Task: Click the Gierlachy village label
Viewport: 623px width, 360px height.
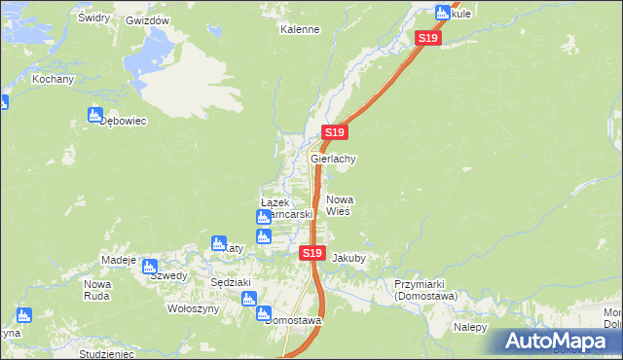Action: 334,159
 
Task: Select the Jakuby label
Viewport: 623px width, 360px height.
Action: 348,259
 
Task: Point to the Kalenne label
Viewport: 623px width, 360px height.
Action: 300,29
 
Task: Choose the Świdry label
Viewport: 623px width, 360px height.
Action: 93,18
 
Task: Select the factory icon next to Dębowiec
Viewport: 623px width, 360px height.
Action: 94,116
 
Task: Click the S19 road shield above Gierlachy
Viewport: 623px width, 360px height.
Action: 334,132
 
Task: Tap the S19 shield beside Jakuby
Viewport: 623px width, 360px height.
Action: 311,253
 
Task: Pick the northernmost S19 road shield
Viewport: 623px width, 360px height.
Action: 428,38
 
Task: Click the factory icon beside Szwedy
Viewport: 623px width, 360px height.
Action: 150,266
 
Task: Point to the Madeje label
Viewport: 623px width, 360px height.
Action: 119,260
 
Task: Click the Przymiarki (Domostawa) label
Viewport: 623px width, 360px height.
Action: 425,290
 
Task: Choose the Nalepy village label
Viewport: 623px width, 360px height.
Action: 469,327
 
